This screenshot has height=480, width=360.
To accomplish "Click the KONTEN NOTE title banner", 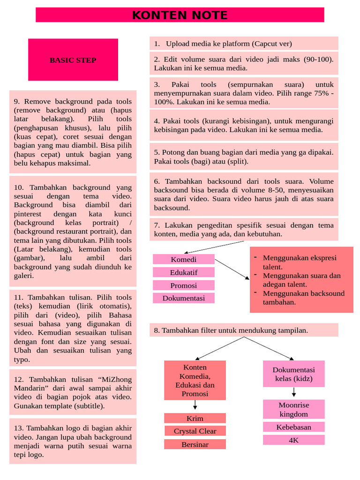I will [180, 15].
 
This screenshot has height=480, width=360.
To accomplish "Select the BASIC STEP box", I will [73, 60].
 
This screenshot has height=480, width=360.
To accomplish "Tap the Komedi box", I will [184, 259].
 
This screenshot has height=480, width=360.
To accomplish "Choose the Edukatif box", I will [184, 272].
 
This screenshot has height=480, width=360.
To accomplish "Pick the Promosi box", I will [184, 285].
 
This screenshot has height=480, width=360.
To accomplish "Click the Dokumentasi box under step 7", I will [184, 298].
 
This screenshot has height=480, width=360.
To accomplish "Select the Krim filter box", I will [195, 418].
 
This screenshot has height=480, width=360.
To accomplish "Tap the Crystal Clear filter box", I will [195, 431].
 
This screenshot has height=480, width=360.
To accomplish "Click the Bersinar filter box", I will [195, 444].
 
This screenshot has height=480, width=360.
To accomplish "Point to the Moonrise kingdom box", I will [294, 409].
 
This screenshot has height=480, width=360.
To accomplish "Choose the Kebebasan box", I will [294, 427].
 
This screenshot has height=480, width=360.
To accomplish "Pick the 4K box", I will [294, 440].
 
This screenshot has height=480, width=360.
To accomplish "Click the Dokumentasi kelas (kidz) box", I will [294, 374].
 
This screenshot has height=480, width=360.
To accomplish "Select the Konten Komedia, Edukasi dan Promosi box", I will [195, 380].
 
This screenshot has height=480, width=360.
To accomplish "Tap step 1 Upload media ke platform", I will [244, 44].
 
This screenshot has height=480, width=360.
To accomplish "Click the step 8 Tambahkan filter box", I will [244, 330].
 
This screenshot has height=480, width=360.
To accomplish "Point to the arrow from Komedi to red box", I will [232, 269].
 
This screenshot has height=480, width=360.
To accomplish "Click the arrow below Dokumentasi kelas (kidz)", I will [294, 392].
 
